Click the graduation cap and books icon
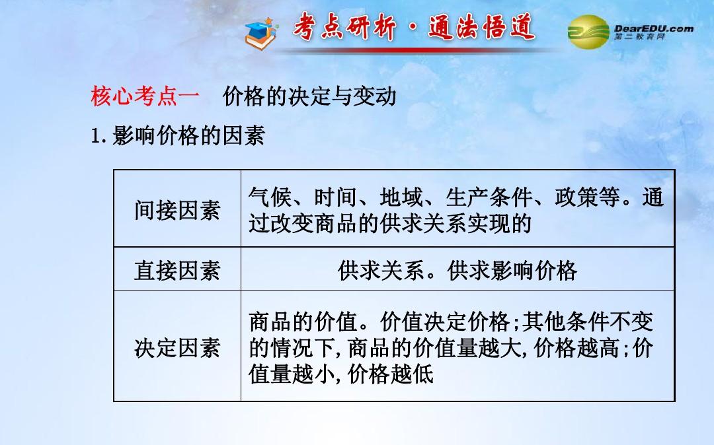pos(260,33)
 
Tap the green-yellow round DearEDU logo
pos(588,32)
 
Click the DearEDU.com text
pos(653,28)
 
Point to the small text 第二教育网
pos(639,36)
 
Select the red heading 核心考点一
pos(145,96)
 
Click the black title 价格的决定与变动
pos(309,96)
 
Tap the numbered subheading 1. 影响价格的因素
pos(178,135)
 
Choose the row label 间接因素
pos(177,210)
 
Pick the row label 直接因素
pos(177,270)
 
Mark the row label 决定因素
pos(177,348)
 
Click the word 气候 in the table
pos(270,197)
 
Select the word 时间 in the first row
pos(336,197)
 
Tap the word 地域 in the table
pos(401,197)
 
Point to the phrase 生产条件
pos(489,197)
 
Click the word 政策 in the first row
pos(576,197)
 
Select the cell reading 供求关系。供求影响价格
pos(457,271)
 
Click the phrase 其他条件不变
pos(588,322)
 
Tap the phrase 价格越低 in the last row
pos(390,374)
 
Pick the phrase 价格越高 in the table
pos(576,348)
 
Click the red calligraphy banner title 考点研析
pos(344,27)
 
